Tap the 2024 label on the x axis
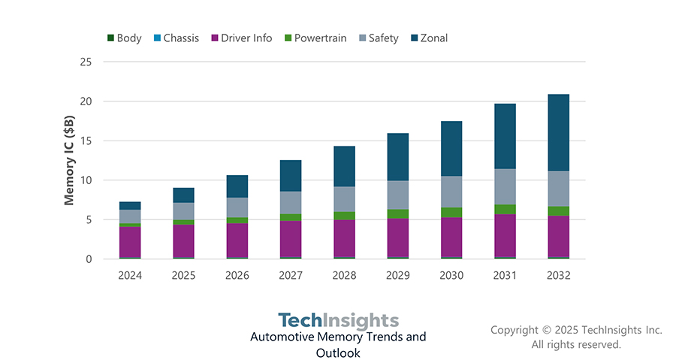tap(130, 276)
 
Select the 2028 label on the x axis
tap(344, 276)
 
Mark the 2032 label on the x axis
tap(558, 276)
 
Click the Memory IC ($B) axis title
tap(69, 160)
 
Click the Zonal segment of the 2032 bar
tap(558, 132)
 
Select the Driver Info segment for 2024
tap(130, 241)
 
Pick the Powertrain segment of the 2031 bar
tap(505, 209)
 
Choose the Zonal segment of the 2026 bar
tap(237, 186)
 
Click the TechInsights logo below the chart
tap(338, 320)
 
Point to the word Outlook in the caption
tap(338, 352)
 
